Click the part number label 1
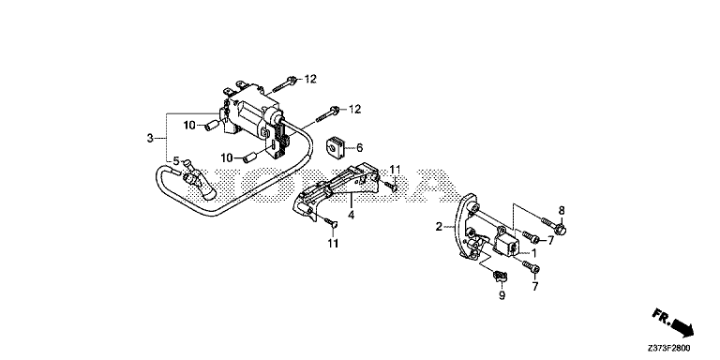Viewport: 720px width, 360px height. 533,252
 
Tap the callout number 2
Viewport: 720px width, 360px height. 439,226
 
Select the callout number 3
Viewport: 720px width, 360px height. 150,138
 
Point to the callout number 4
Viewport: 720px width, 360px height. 351,215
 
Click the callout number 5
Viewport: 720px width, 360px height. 176,161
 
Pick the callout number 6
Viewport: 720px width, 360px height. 360,148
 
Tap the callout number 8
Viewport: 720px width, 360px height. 562,211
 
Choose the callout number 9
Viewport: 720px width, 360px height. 502,295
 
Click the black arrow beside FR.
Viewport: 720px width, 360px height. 683,328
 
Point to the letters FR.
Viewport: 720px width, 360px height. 661,316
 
